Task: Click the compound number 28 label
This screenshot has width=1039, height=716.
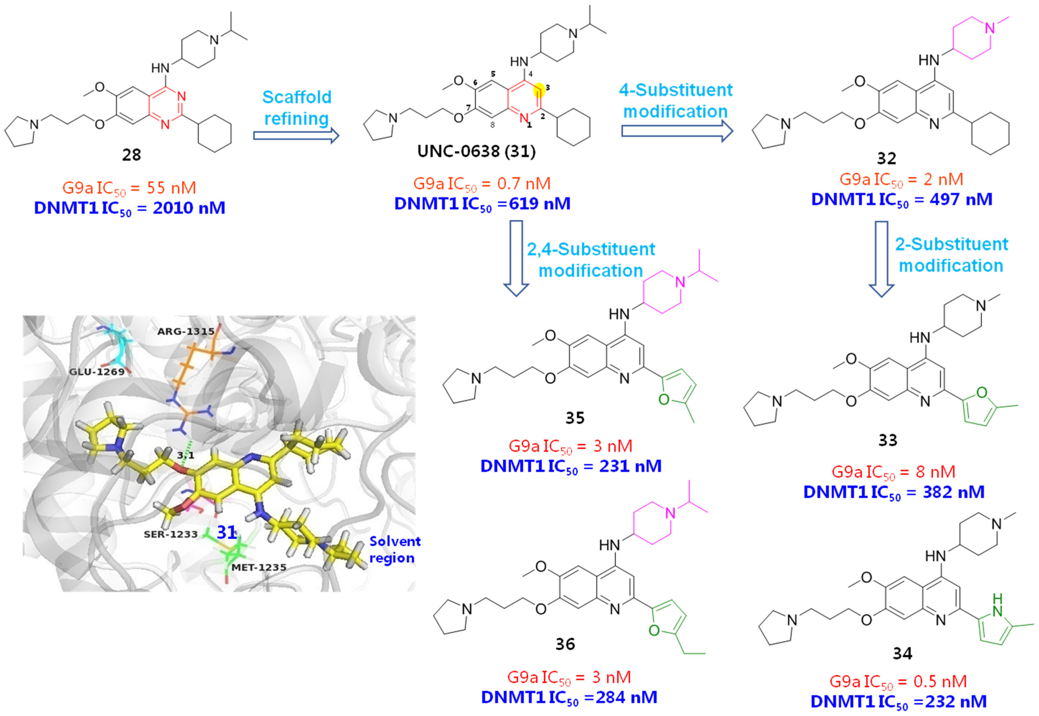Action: pyautogui.click(x=131, y=155)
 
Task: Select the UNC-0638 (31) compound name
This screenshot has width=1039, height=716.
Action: pyautogui.click(x=476, y=151)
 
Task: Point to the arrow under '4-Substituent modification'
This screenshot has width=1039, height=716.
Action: pyautogui.click(x=677, y=131)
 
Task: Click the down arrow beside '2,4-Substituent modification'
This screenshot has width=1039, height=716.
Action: pyautogui.click(x=517, y=258)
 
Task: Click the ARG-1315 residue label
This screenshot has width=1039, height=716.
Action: pyautogui.click(x=186, y=332)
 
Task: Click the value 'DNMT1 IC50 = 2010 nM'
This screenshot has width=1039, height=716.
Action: pyautogui.click(x=130, y=208)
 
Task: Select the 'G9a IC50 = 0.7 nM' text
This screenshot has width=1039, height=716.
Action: pyautogui.click(x=482, y=184)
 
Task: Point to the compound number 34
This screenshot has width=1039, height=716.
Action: pyautogui.click(x=902, y=654)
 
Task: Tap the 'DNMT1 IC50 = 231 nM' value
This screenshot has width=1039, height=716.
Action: pyautogui.click(x=571, y=466)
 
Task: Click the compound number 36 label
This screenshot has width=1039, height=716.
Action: pyautogui.click(x=565, y=644)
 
